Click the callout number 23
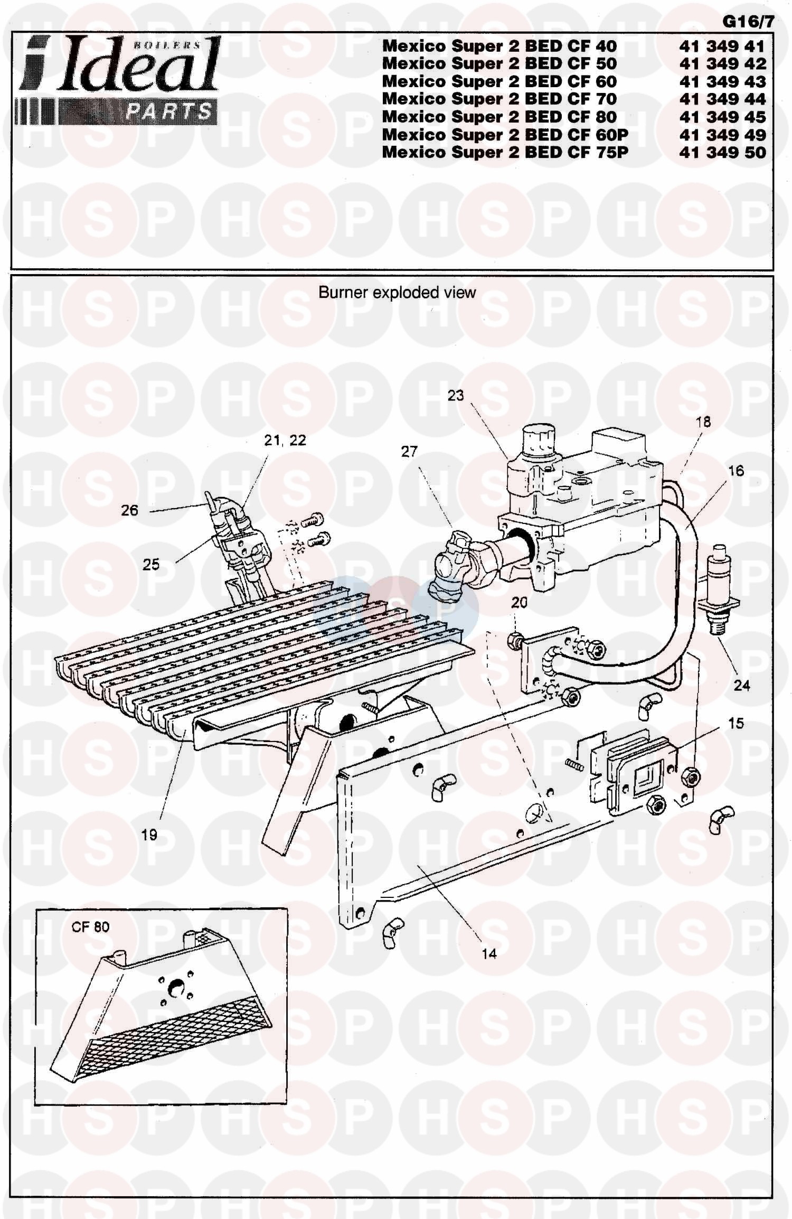coord(455,395)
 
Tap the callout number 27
coord(409,452)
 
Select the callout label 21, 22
coord(285,440)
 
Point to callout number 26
coord(129,510)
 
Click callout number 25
coord(151,565)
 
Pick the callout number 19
coord(149,834)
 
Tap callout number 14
coord(489,953)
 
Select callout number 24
coord(742,686)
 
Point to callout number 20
coord(520,602)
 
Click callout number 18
coord(703,421)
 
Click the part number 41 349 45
coord(722,117)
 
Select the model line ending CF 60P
coord(505,135)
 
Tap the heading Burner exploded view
coord(397,293)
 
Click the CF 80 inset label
coord(90,926)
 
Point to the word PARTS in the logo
coord(168,112)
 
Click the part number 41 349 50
coord(722,152)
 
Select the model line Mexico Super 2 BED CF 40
coord(499,46)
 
